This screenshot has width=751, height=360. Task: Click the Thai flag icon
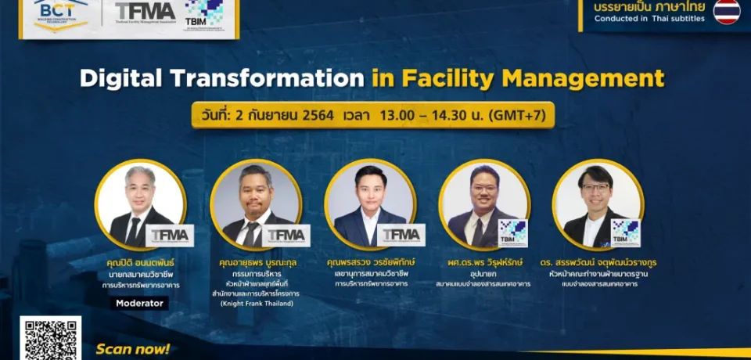click(726, 12)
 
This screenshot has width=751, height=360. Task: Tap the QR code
click(51, 339)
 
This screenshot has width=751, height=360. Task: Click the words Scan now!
click(132, 349)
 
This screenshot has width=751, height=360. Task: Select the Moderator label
click(138, 302)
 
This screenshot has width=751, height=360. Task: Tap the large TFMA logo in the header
click(146, 12)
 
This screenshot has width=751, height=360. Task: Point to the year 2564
click(312, 115)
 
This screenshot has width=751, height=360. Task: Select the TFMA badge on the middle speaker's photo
click(401, 235)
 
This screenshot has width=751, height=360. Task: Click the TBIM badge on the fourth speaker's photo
click(513, 232)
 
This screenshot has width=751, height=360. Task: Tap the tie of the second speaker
click(251, 232)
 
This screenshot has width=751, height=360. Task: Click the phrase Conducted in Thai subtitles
click(649, 19)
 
